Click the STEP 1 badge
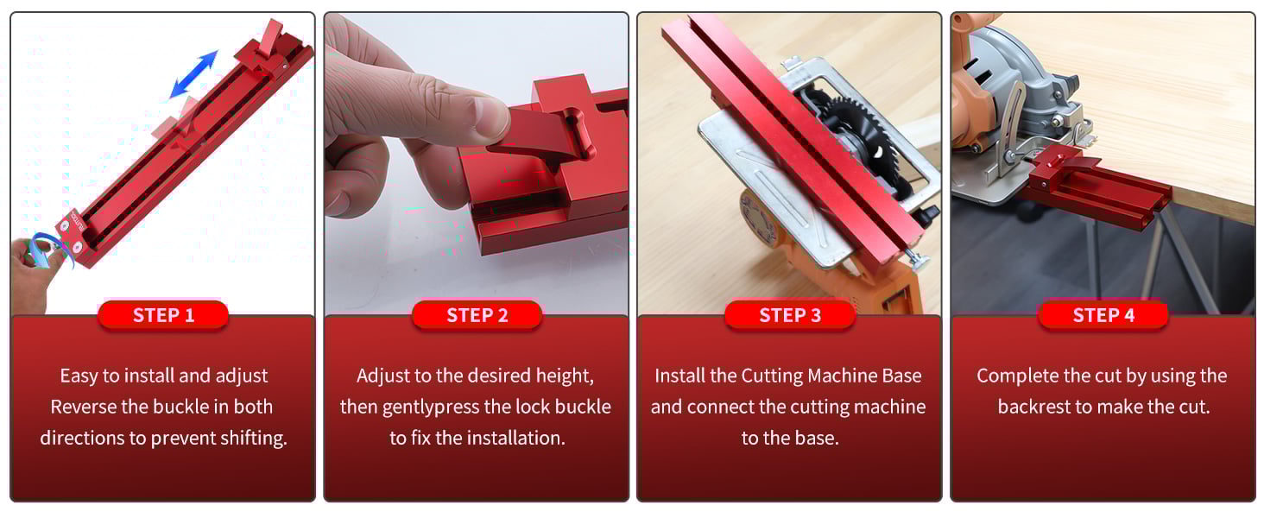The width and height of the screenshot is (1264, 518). [x=163, y=315]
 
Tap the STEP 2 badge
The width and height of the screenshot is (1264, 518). [x=477, y=315]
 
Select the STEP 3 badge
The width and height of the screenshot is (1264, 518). [x=789, y=315]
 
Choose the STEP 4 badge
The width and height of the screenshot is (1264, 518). [x=1103, y=315]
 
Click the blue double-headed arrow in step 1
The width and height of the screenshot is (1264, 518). [x=193, y=74]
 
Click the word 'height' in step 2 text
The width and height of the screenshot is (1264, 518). [x=566, y=376]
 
